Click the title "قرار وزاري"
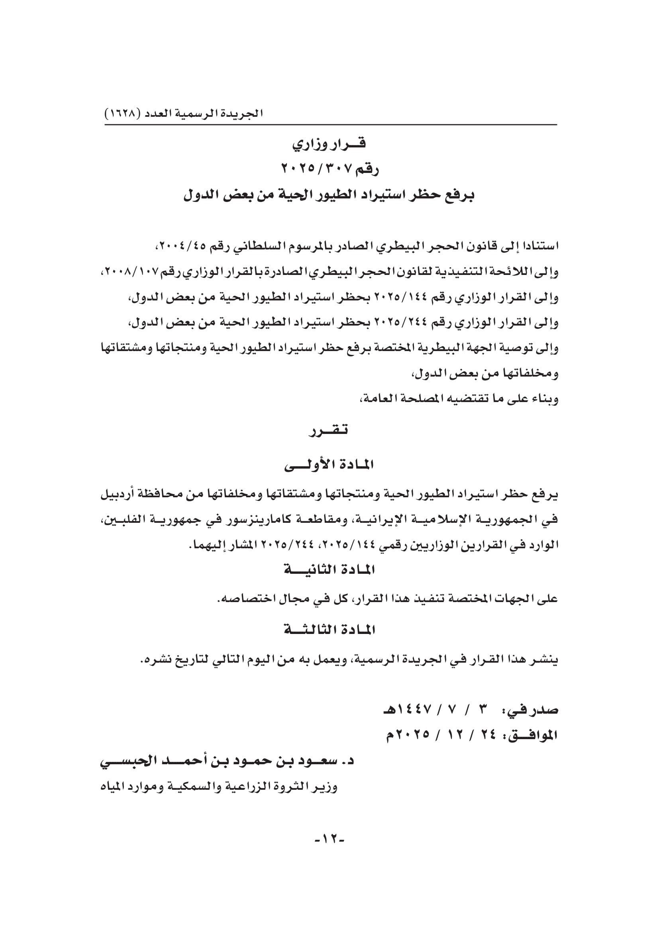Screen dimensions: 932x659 pyautogui.click(x=329, y=144)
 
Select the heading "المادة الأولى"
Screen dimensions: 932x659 pyautogui.click(x=329, y=465)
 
